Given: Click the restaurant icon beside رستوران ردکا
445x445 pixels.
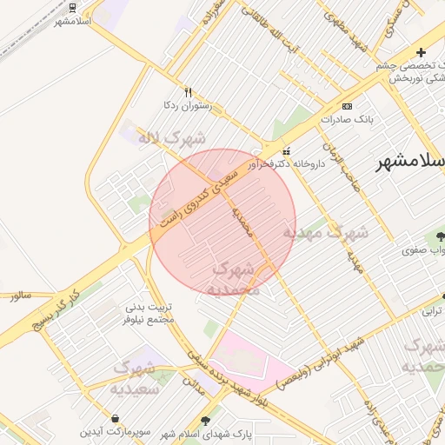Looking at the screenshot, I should [188, 92].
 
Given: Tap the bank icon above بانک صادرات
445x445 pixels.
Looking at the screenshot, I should [348, 106].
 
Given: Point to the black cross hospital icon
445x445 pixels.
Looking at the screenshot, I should [422, 53].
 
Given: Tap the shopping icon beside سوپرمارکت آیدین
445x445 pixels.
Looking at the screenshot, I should [116, 418].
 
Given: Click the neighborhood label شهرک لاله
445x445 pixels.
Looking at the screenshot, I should [173, 137].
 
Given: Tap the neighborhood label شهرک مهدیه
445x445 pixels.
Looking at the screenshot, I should [325, 233].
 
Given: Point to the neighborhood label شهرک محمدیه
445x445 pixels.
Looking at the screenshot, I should [236, 279].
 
